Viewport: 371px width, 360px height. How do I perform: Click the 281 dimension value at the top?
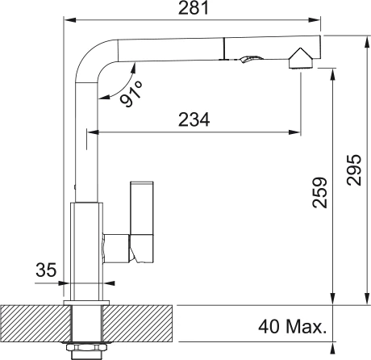[194, 8]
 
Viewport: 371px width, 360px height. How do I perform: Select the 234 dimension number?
[194, 119]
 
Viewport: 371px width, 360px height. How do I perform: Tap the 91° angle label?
[131, 94]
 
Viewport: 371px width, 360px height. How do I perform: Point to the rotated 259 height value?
[320, 192]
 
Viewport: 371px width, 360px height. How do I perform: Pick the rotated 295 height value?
[354, 170]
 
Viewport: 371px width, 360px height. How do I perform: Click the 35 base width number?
[46, 270]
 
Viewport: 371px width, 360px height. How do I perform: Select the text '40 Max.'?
[293, 327]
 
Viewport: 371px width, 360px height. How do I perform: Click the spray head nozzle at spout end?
[301, 58]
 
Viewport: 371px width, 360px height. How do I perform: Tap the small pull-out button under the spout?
[250, 59]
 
